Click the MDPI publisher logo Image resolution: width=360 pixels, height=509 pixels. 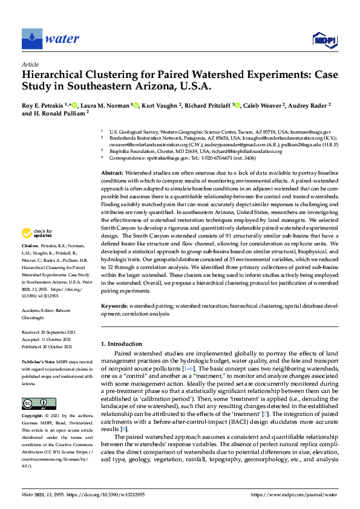point(325,40)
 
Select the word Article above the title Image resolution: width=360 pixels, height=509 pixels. point(30,64)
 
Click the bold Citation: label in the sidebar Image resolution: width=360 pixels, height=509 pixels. point(30,247)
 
